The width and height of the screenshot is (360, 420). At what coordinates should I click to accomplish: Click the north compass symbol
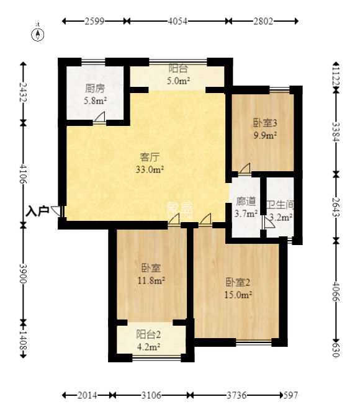tap(38, 34)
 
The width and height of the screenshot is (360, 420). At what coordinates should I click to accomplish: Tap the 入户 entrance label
tap(37, 211)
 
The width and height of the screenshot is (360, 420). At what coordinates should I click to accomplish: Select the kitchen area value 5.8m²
tap(96, 101)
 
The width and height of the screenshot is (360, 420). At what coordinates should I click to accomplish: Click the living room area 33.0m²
tap(150, 169)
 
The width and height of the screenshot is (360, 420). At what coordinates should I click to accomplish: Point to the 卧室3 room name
tap(265, 123)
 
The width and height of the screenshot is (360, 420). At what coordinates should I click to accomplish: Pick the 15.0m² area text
tap(238, 295)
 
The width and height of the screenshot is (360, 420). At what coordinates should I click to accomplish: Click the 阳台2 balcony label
tap(148, 334)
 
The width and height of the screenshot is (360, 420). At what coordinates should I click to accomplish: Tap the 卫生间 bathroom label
tap(280, 205)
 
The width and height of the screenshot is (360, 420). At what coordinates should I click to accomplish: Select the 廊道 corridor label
tap(246, 202)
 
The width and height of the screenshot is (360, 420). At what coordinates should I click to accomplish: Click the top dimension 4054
tap(178, 21)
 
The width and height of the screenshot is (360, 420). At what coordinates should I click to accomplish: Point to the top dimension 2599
tap(94, 21)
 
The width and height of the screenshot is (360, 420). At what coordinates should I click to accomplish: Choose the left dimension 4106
tap(24, 174)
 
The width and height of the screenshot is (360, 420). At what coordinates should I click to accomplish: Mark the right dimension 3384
tap(336, 132)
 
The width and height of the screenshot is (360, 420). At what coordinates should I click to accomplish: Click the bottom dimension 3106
tap(151, 395)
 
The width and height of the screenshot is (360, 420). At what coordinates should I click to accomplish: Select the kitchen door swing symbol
tap(99, 118)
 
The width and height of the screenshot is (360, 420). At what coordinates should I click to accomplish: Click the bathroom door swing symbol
tap(268, 223)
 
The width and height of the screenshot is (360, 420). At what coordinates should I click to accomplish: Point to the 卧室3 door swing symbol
tap(245, 169)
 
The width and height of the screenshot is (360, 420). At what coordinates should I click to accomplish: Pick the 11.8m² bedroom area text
tap(151, 280)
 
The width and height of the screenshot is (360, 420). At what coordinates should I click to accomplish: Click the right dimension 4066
tap(336, 291)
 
